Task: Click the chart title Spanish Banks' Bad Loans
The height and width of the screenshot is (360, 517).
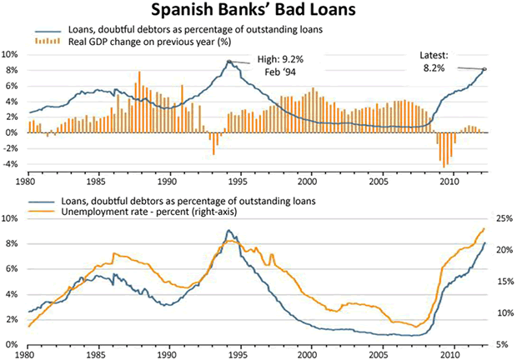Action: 258,12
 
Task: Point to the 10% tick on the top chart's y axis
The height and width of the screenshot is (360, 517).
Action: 12,54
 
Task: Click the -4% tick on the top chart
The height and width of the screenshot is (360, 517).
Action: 12,164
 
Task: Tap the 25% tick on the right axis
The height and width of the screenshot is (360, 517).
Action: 503,218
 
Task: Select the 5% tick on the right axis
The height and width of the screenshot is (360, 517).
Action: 503,344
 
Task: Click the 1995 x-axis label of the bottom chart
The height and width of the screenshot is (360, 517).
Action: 238,353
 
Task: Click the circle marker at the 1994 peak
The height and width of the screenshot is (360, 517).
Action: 229,61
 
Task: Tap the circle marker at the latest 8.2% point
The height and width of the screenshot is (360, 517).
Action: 485,68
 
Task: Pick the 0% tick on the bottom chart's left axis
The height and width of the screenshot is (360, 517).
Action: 12,344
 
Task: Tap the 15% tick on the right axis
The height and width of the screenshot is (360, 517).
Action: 503,281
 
